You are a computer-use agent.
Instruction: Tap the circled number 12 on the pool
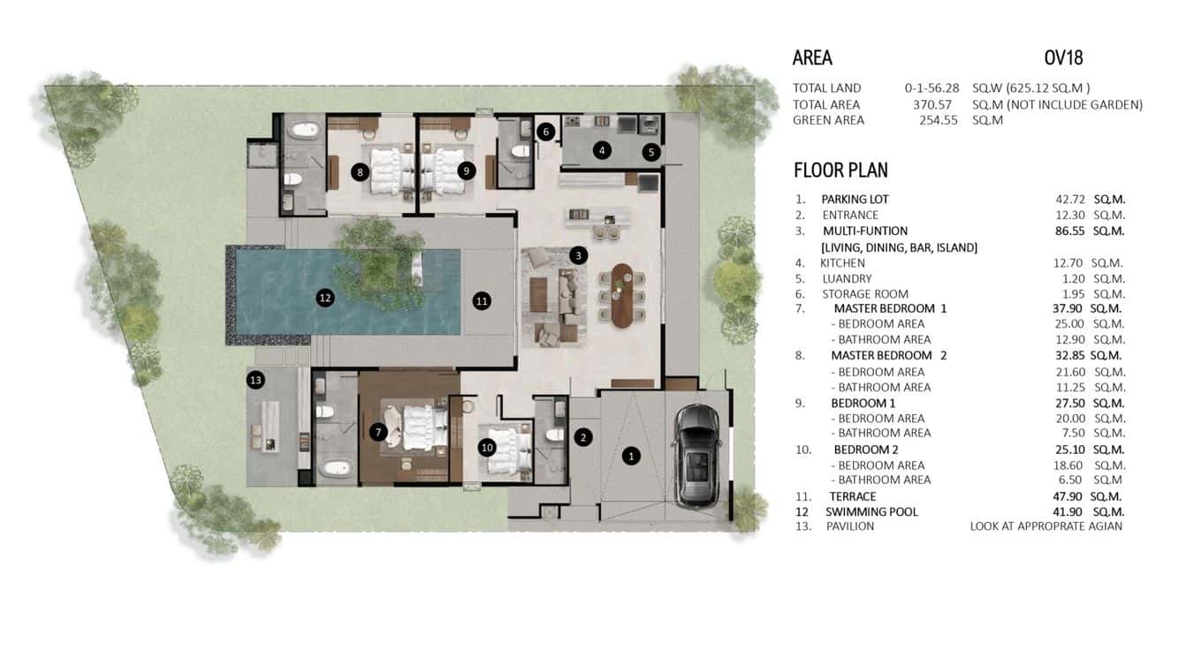click(325, 299)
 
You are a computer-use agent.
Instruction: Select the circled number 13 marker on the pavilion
click(256, 380)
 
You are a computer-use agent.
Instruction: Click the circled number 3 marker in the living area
click(578, 256)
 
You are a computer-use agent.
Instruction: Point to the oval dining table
click(623, 295)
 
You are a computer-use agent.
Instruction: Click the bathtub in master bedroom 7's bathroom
click(335, 468)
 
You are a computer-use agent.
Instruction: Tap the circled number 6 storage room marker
click(545, 132)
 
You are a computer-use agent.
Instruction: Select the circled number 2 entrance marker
click(582, 436)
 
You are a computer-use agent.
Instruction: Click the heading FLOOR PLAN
click(840, 170)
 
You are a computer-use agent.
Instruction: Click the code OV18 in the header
click(1063, 58)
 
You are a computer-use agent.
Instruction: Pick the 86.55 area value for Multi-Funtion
click(1064, 231)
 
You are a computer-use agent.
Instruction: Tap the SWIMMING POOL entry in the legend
click(871, 511)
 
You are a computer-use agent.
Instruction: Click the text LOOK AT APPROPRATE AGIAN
click(1045, 526)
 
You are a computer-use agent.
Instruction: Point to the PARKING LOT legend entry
click(855, 200)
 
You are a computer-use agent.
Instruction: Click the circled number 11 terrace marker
click(482, 300)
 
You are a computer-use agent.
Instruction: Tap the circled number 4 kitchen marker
click(602, 150)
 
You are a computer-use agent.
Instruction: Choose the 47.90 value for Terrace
click(1064, 496)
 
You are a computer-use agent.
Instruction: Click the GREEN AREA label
click(828, 120)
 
